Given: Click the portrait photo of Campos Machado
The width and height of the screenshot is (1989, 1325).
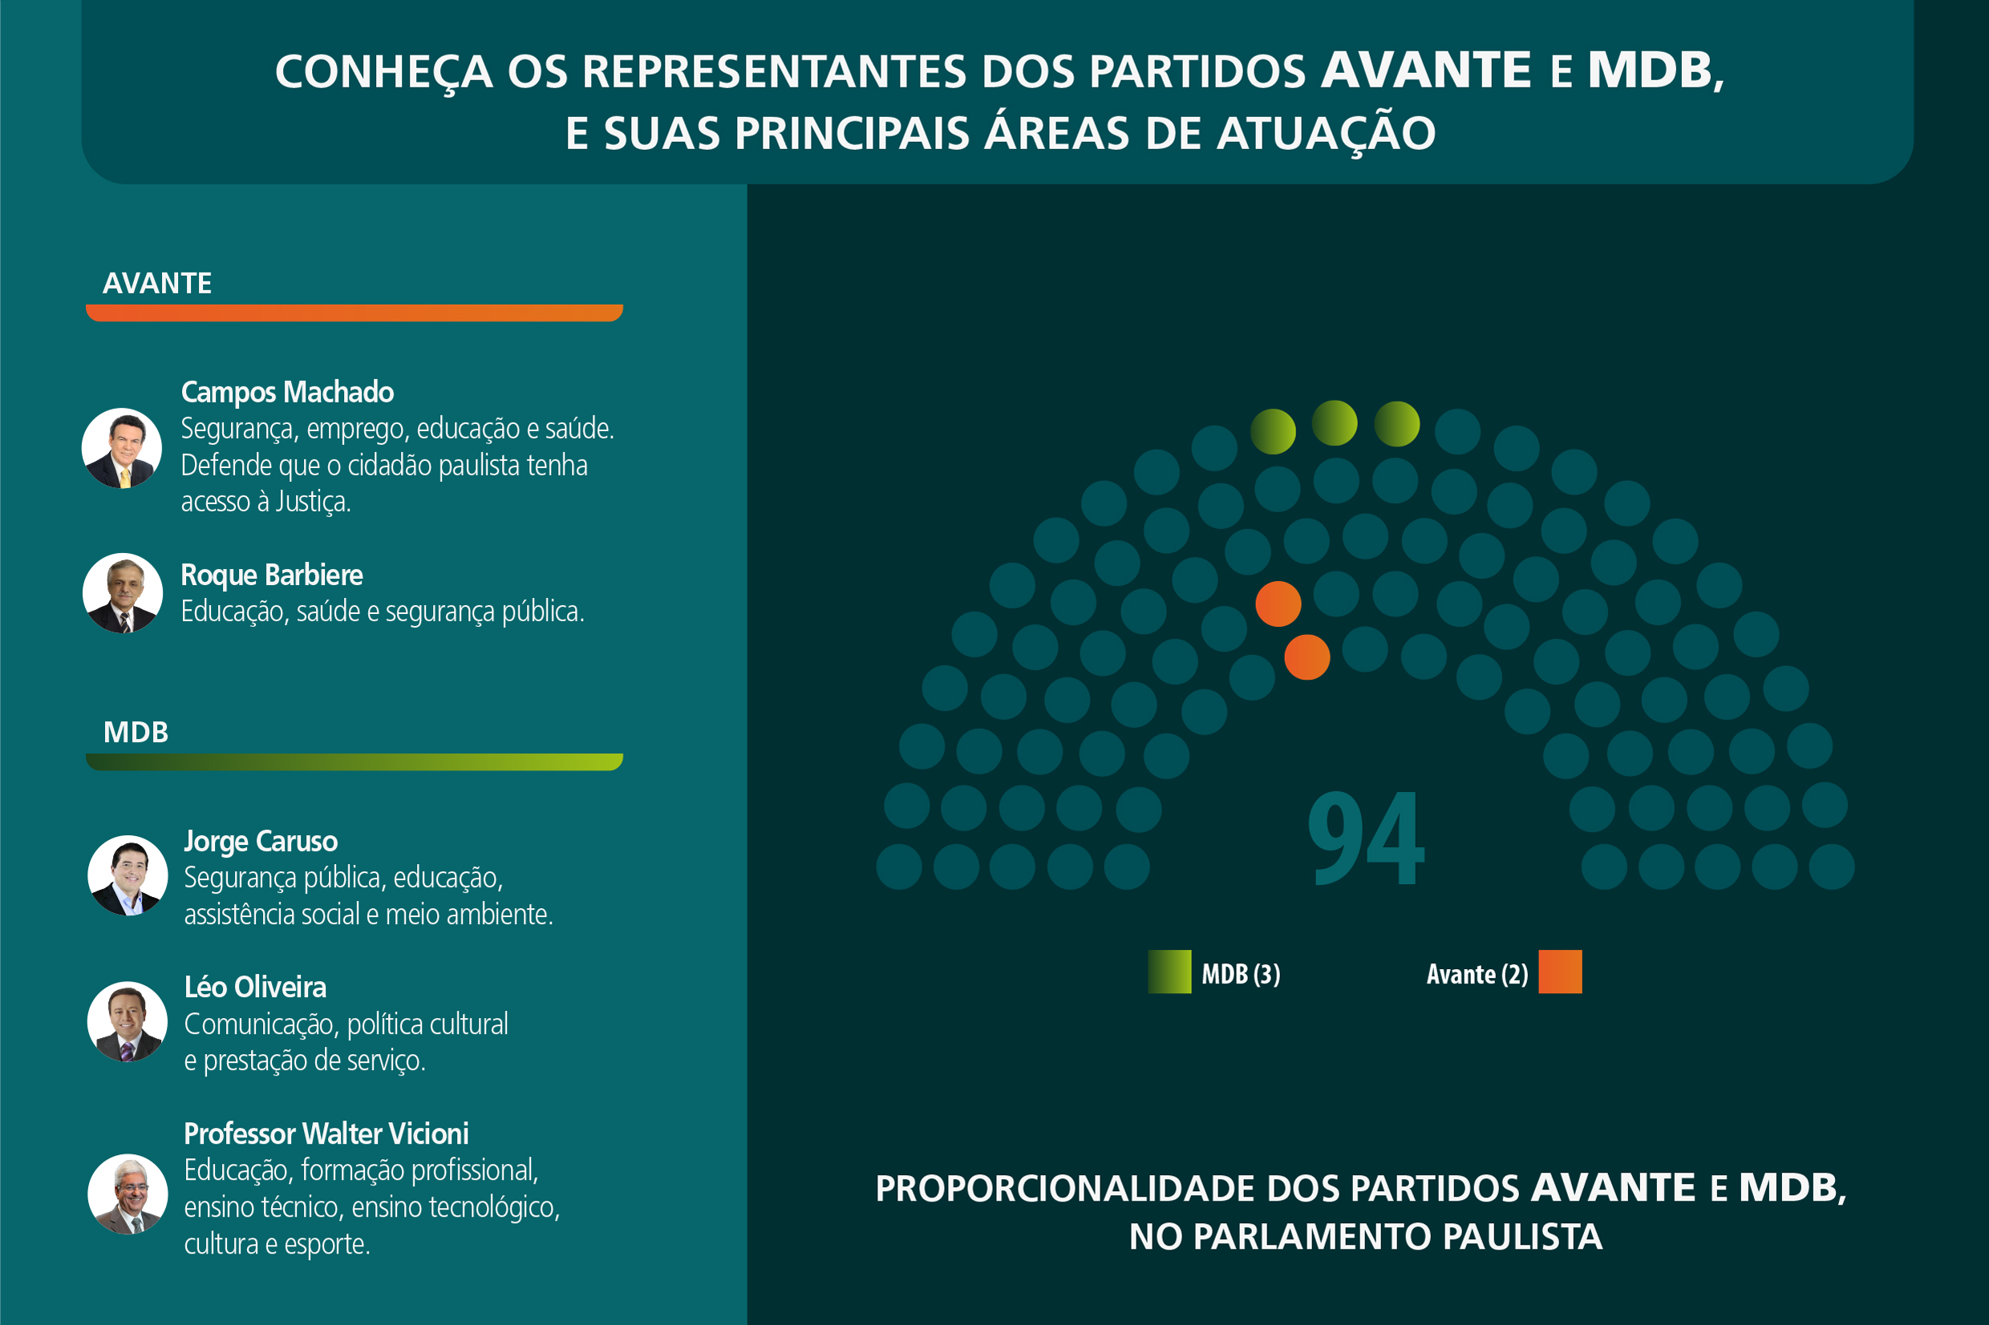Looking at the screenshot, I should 122,448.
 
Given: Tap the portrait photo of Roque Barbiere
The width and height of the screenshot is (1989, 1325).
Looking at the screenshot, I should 123,593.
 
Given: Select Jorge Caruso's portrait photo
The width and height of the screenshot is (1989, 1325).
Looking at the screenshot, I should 128,875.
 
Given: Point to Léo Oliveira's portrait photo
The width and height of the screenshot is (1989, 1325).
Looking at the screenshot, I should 128,1022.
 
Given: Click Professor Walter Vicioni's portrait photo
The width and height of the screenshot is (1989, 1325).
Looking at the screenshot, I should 128,1194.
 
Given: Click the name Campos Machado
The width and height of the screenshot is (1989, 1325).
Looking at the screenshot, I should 287,392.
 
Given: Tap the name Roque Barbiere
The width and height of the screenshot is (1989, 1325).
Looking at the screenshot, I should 271,575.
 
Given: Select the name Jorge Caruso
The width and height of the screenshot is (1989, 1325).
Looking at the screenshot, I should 261,841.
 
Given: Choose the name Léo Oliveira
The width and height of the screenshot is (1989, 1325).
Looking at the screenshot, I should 255,987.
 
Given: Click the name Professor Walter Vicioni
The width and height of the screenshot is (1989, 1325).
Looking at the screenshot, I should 326,1133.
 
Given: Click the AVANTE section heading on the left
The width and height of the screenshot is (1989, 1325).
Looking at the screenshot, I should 157,283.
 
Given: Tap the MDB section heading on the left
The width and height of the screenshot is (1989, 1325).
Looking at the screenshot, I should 136,732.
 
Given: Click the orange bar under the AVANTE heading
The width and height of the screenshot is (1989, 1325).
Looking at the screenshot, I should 354,313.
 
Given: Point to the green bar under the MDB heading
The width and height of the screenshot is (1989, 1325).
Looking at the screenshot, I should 354,761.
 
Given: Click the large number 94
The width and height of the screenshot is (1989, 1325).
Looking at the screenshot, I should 1365,838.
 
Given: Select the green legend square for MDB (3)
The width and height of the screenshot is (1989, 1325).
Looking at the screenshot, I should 1169,972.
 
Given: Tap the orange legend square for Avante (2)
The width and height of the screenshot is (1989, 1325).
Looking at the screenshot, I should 1560,972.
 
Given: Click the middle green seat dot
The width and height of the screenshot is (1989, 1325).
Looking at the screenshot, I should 1335,423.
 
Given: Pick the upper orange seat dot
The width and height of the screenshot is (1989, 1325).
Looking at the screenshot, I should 1278,604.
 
